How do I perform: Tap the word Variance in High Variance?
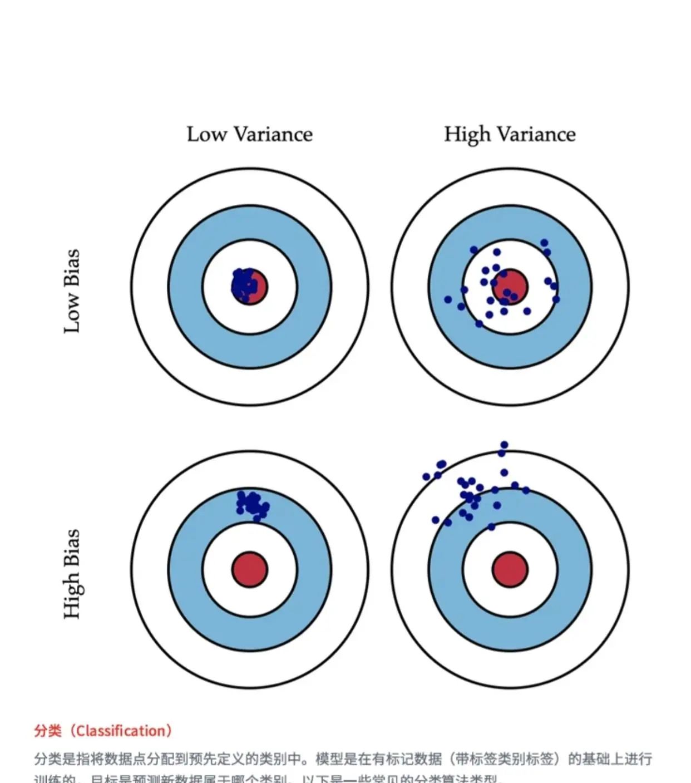(x=536, y=134)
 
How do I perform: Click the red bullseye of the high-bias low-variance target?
(x=250, y=569)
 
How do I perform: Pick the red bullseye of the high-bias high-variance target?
(x=510, y=569)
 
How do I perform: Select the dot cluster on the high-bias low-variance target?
(x=252, y=504)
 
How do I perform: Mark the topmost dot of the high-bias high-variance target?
(x=504, y=445)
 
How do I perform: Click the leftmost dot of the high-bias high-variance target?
(x=427, y=477)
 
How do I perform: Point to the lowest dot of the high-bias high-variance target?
(x=491, y=526)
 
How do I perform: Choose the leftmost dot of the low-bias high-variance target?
(x=448, y=299)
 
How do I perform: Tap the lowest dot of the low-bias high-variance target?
(x=479, y=323)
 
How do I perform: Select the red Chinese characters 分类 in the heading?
(x=47, y=731)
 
